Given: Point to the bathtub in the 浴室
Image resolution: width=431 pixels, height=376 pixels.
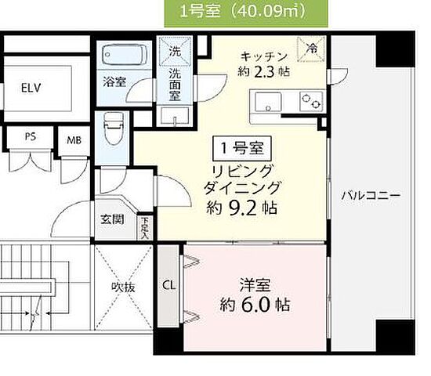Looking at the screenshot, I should point(125,56).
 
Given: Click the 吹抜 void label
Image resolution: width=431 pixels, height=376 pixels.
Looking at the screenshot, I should point(124,287).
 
